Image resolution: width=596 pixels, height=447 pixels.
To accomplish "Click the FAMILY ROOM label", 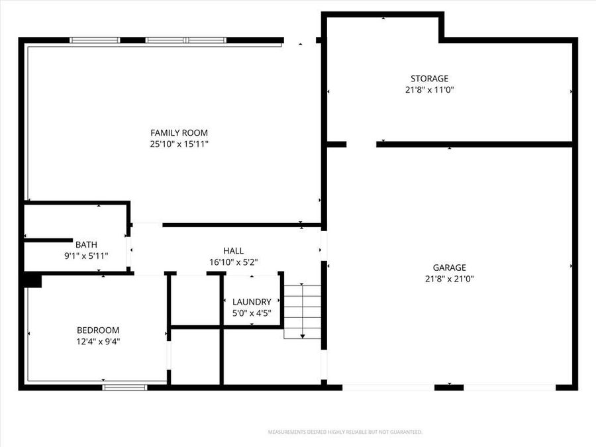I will pos(179,132).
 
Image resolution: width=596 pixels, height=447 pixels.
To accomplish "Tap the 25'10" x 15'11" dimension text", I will pos(179,144).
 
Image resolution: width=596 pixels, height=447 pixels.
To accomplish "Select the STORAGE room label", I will pos(429,78).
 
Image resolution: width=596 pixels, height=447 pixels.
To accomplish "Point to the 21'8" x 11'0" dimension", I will pos(429,89).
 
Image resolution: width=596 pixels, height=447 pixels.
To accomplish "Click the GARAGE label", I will pos(450,268).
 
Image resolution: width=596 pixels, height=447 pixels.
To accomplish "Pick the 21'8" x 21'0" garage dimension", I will pos(450,279).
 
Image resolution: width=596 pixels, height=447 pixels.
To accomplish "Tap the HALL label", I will pos(233,250).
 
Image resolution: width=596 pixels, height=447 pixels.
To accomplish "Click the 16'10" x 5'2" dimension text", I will pos(233,262).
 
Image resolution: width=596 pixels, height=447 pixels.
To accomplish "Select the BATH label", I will pos(86,244).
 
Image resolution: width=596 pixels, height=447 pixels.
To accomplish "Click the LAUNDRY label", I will pos(252,301).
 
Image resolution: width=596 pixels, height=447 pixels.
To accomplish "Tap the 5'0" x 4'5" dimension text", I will pos(252,313).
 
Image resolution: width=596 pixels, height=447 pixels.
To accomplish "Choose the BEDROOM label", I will pos(98,330).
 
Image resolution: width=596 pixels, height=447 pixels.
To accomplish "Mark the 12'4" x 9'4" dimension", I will pos(98,342).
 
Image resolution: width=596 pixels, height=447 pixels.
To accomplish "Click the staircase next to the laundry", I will pos(303,311).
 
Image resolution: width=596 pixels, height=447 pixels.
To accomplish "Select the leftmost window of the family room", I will pos(95,40).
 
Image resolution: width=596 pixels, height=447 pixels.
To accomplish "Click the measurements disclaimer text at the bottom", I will pos(344,432).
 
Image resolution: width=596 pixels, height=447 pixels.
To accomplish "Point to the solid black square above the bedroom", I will pos(31,281).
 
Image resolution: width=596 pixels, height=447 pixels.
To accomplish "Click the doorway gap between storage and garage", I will pos(361,144).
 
